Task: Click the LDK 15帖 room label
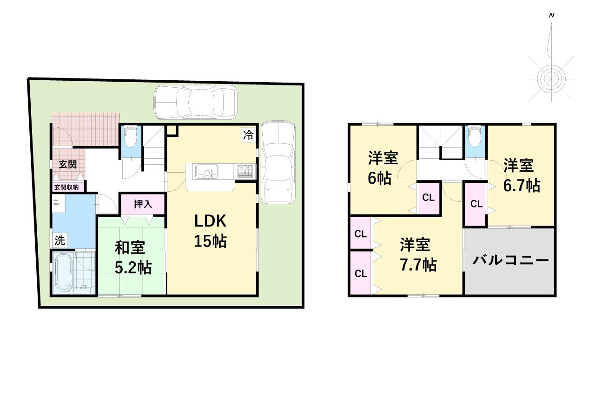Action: tap(211, 231)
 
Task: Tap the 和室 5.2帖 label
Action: tap(133, 258)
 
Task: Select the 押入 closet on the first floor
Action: tap(143, 204)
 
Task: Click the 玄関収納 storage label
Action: tap(66, 187)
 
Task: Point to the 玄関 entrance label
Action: tap(68, 164)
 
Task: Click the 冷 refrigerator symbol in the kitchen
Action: tap(248, 135)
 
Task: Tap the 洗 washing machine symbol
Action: tap(60, 240)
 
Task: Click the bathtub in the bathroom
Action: tap(64, 272)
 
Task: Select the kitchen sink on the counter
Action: tap(207, 172)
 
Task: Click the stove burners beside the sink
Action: tap(245, 171)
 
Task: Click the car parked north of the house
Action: tap(196, 102)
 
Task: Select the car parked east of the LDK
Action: tap(278, 162)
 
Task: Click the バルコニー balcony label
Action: tap(510, 260)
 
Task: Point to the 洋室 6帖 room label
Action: tap(383, 168)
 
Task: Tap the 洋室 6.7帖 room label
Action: tap(522, 175)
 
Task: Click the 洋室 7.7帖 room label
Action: tap(418, 255)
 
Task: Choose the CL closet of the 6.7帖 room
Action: tap(476, 204)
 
